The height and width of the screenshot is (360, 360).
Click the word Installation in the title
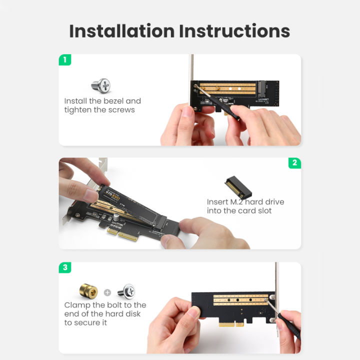pos(121,30)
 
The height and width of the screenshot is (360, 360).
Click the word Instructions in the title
pos(234,30)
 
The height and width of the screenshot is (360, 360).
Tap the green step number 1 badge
pos(64,60)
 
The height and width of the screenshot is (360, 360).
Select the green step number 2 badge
pos(295,163)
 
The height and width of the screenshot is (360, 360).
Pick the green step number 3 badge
pos(64,267)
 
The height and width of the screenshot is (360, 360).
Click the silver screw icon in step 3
pos(125,290)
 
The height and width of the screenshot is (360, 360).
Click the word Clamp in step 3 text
pos(77,305)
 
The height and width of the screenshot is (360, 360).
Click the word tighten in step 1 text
pos(79,110)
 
